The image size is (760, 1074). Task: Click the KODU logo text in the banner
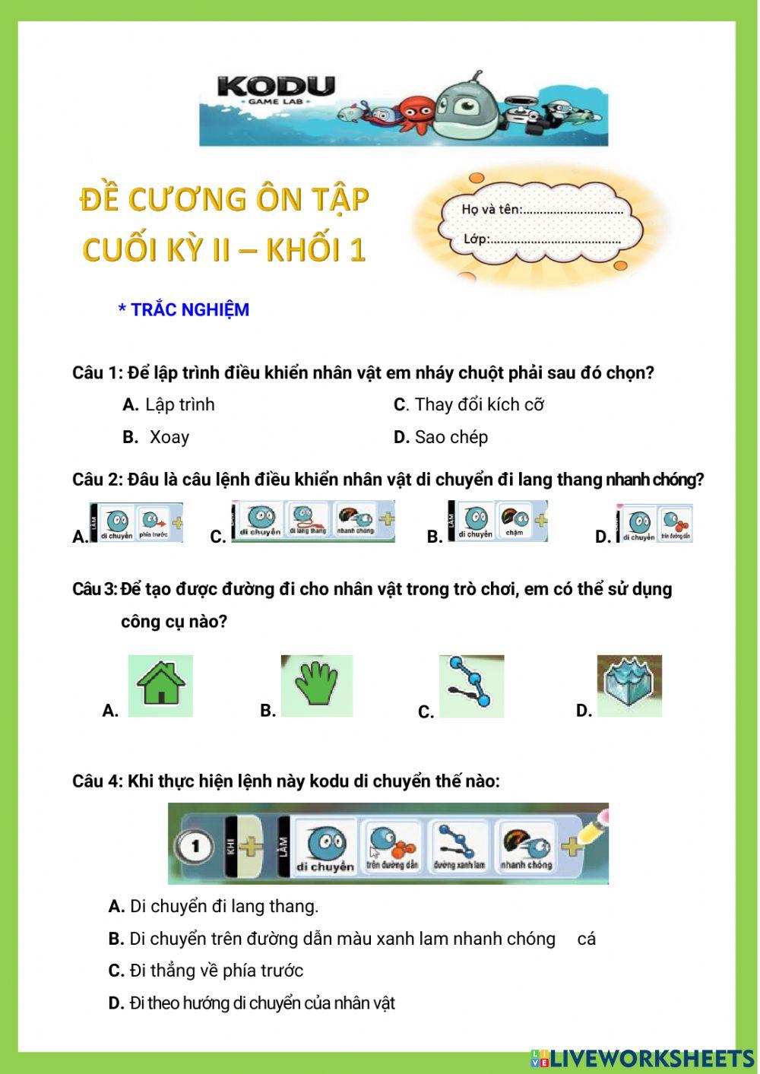pos(276,87)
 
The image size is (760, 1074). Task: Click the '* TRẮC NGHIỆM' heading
pos(183,310)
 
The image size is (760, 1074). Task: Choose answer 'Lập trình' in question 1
pos(179,405)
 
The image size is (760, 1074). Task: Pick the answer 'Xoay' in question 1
pos(169,438)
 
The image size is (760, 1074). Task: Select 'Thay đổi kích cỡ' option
pos(479,405)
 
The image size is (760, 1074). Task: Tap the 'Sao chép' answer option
pos(451,438)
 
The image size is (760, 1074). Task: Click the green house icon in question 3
pos(160,685)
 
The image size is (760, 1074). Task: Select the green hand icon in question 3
pos(316,685)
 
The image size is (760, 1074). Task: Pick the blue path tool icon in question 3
pos(471,686)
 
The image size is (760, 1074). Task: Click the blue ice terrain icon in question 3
pos(629,685)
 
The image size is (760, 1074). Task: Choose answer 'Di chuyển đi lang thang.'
pos(223,907)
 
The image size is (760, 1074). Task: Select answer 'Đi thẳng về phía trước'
pos(216,971)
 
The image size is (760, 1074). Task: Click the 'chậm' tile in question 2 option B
pos(515,521)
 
